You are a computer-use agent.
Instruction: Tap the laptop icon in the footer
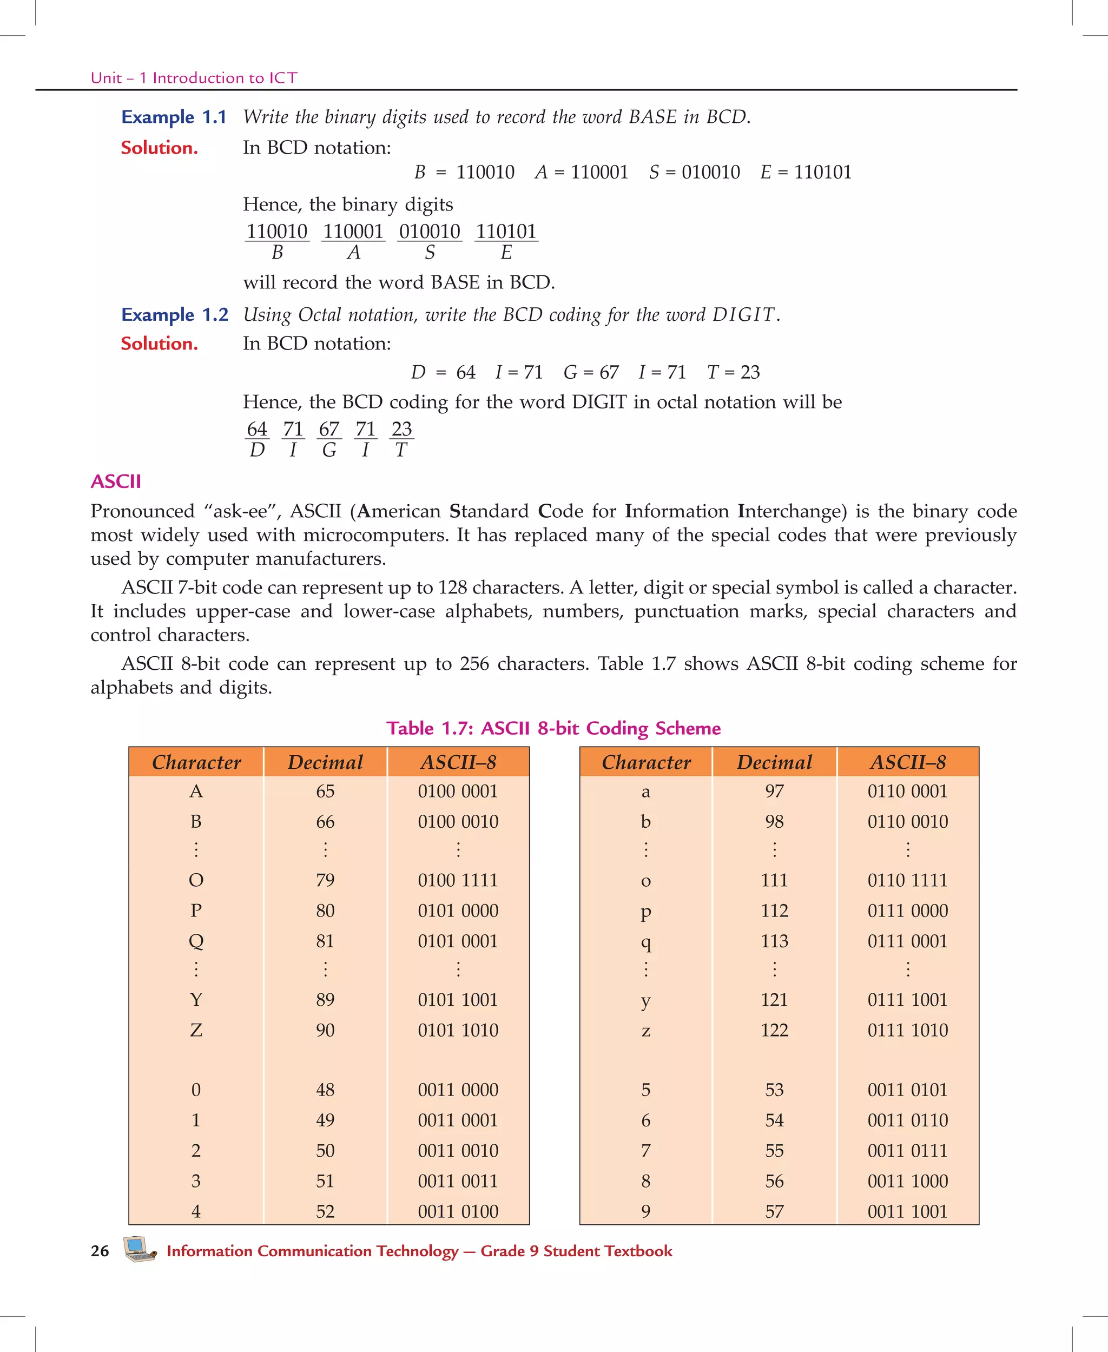[x=139, y=1249]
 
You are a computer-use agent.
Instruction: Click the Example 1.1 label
[x=174, y=117]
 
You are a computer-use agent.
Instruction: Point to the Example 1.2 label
[x=174, y=314]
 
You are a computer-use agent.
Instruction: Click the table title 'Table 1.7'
[x=553, y=728]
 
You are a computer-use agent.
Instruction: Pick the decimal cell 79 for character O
[x=325, y=880]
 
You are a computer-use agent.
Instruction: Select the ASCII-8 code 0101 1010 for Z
[x=458, y=1030]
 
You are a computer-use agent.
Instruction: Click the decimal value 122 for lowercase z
[x=774, y=1030]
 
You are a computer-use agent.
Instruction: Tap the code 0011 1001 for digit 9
[x=907, y=1211]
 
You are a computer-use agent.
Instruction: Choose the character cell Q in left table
[x=196, y=940]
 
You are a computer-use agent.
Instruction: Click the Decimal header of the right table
[x=774, y=762]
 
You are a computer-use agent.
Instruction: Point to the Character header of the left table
[x=196, y=762]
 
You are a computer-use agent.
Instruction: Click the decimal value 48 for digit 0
[x=325, y=1089]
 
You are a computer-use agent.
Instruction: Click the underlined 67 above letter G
[x=329, y=428]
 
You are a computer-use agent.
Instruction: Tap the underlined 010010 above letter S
[x=430, y=231]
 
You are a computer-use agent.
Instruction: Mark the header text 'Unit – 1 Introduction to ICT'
[x=194, y=78]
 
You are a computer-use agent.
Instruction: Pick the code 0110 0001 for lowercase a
[x=907, y=791]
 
